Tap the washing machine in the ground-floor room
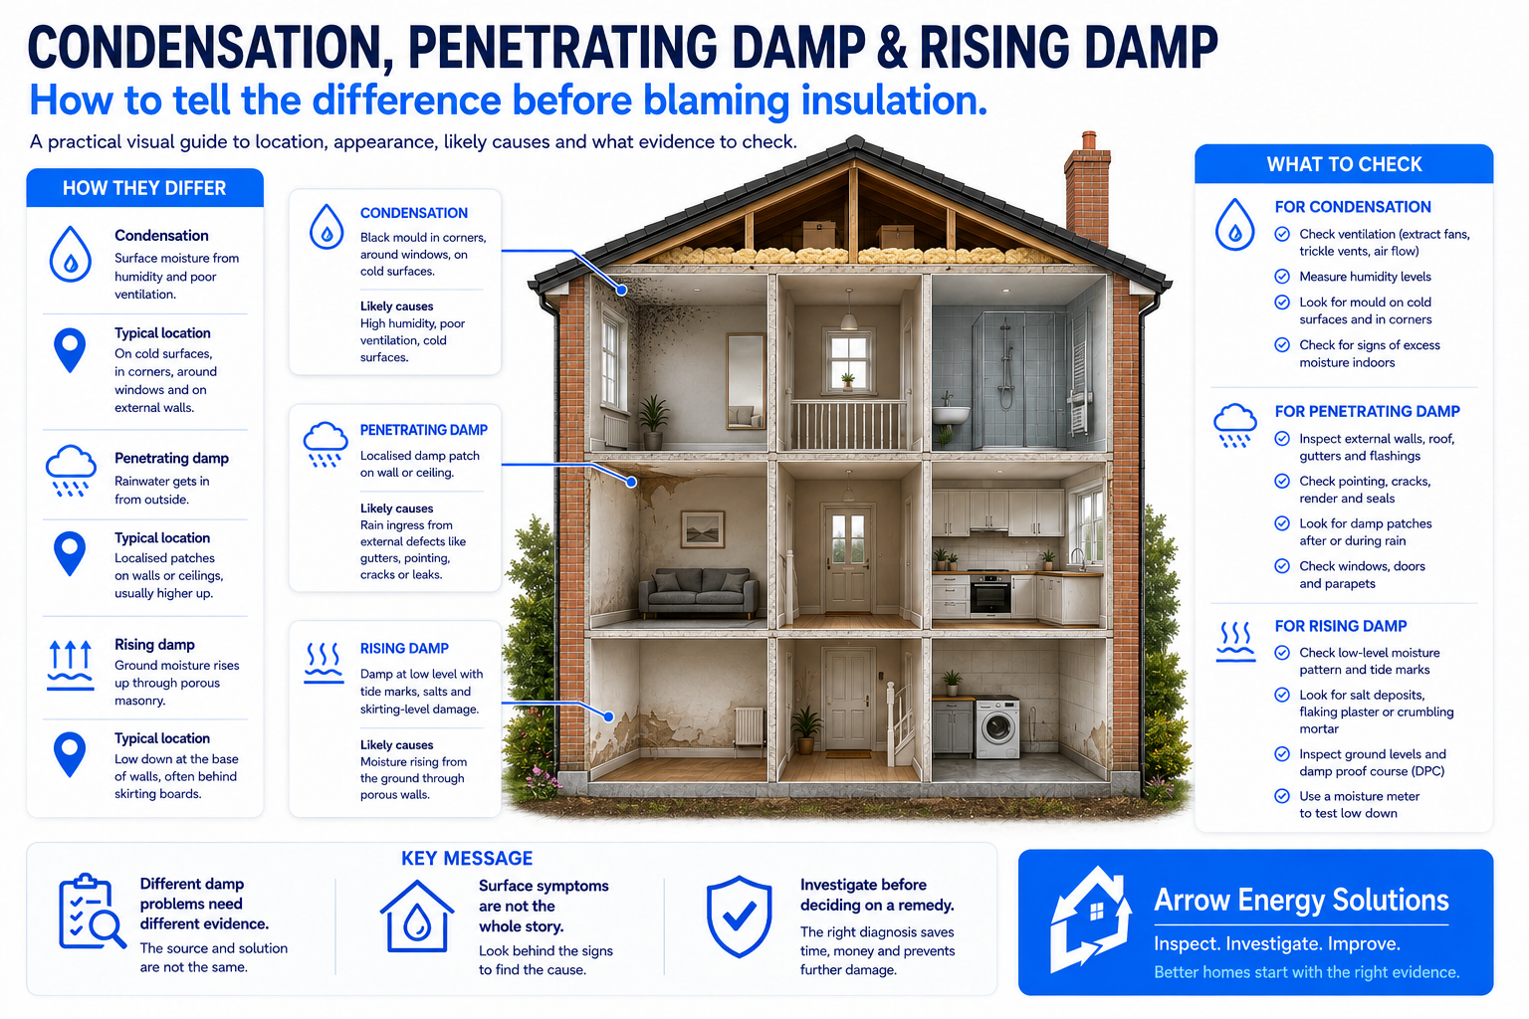[x=996, y=726]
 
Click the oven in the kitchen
[x=989, y=593]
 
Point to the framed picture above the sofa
[x=703, y=528]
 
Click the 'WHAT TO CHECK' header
[x=1344, y=164]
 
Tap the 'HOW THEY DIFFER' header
[x=144, y=188]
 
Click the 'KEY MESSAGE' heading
[x=467, y=858]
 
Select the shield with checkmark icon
[x=739, y=916]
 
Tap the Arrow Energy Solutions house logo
[x=1090, y=918]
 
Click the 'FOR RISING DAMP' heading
[x=1341, y=626]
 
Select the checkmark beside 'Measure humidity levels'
[x=1282, y=277]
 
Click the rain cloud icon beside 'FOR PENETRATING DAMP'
[x=1234, y=425]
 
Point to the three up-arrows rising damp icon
[x=71, y=666]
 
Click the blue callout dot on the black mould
[x=622, y=290]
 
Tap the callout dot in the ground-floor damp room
[x=609, y=716]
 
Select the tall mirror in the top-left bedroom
[x=746, y=381]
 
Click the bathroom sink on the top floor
[x=952, y=413]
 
